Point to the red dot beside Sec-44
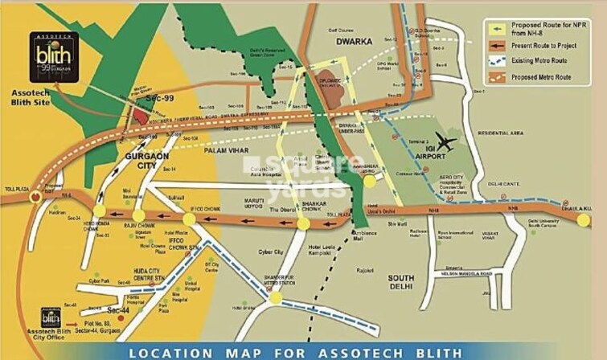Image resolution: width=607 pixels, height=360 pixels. [119, 318]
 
